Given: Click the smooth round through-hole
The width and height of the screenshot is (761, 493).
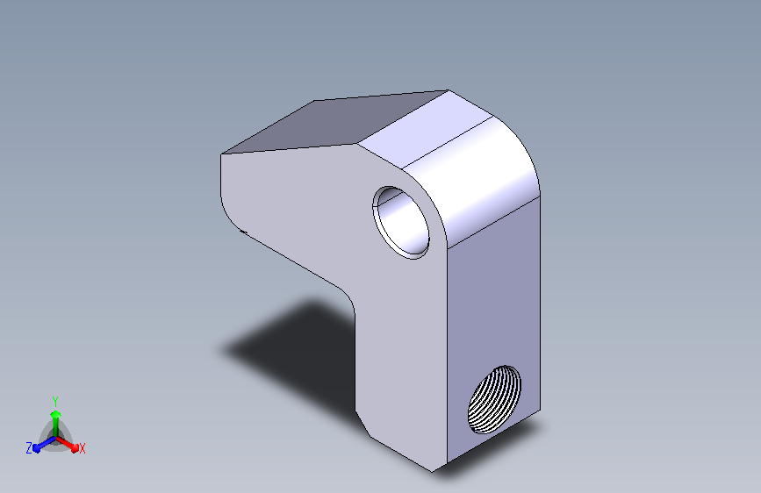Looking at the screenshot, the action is (x=401, y=222).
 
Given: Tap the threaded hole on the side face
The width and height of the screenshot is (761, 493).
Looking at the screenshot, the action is (x=494, y=399).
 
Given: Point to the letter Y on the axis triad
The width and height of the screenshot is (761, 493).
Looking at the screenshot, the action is (x=54, y=401).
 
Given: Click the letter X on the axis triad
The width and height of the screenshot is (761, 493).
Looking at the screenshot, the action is (x=82, y=448).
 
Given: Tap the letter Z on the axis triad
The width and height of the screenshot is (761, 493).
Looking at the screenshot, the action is (x=29, y=447).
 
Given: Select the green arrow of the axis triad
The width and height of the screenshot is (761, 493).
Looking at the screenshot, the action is (x=55, y=423).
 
